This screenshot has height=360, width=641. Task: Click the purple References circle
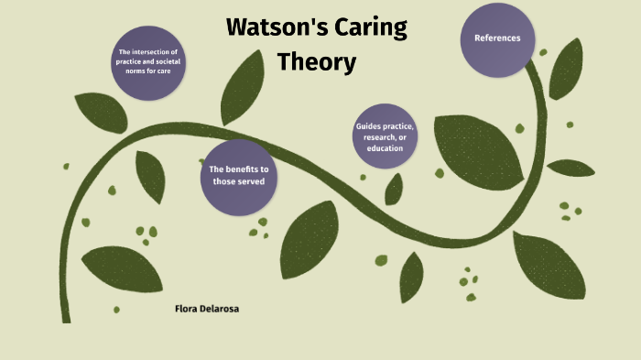[x=497, y=39]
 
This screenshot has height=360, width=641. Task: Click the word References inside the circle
[x=497, y=38]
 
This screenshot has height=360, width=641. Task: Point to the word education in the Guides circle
[x=385, y=148]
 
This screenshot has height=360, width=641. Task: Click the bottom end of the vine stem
[x=66, y=317]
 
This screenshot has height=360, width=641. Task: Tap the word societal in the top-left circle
[x=171, y=61]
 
